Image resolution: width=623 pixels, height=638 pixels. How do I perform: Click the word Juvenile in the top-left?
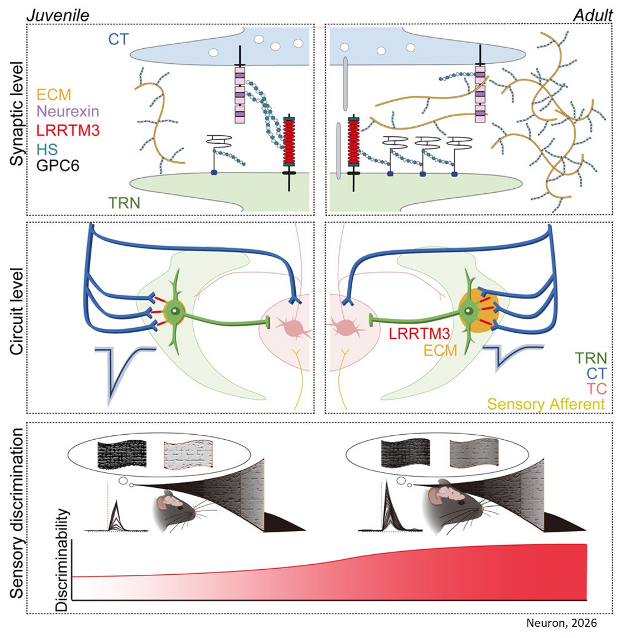58,15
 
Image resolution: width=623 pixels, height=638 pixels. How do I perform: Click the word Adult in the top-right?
593,15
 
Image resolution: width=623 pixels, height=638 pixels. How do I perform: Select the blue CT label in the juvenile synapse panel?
118,39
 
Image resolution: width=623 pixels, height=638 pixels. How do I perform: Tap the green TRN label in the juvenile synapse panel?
124,203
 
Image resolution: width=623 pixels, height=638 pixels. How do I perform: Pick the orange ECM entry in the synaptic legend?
54,95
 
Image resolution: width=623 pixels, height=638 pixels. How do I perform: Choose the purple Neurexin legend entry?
68,111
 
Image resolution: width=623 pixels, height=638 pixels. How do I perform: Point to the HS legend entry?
47,148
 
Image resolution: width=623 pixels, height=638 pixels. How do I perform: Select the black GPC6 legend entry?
58,165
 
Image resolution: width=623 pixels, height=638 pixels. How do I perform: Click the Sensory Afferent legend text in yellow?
546,404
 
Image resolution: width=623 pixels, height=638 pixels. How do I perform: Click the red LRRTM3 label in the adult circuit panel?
419,333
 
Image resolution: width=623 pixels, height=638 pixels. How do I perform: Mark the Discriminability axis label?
62,559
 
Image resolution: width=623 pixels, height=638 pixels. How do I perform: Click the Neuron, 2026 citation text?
562,623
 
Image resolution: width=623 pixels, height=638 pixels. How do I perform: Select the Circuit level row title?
17,311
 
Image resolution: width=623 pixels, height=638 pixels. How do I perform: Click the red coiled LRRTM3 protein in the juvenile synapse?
289,141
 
